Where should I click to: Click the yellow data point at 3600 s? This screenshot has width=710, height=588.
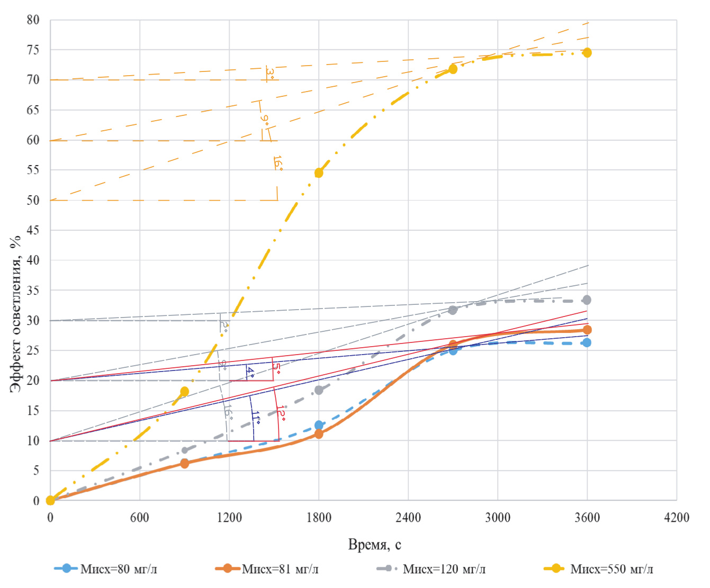(x=587, y=52)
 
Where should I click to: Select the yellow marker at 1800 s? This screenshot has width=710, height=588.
(x=319, y=173)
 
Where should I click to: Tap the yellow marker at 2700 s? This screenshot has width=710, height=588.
(x=453, y=69)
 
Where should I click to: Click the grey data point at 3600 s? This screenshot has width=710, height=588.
(x=587, y=300)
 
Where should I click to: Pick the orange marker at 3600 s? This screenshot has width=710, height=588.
(x=587, y=330)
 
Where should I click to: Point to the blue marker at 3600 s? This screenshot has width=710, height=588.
(x=587, y=343)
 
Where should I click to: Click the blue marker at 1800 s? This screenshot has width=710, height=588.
(x=319, y=426)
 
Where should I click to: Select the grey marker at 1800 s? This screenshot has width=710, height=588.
(x=319, y=390)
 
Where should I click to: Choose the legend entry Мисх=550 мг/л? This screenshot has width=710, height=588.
(x=599, y=569)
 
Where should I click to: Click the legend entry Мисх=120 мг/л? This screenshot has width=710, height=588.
(x=431, y=569)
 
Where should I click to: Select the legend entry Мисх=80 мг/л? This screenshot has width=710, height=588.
(x=106, y=569)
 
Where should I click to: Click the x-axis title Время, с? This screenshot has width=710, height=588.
(x=374, y=545)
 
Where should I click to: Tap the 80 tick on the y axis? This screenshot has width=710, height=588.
(x=33, y=20)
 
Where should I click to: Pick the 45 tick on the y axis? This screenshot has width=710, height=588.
(x=33, y=230)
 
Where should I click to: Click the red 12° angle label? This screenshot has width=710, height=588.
(x=281, y=413)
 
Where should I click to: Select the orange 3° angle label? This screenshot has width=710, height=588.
(x=270, y=73)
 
